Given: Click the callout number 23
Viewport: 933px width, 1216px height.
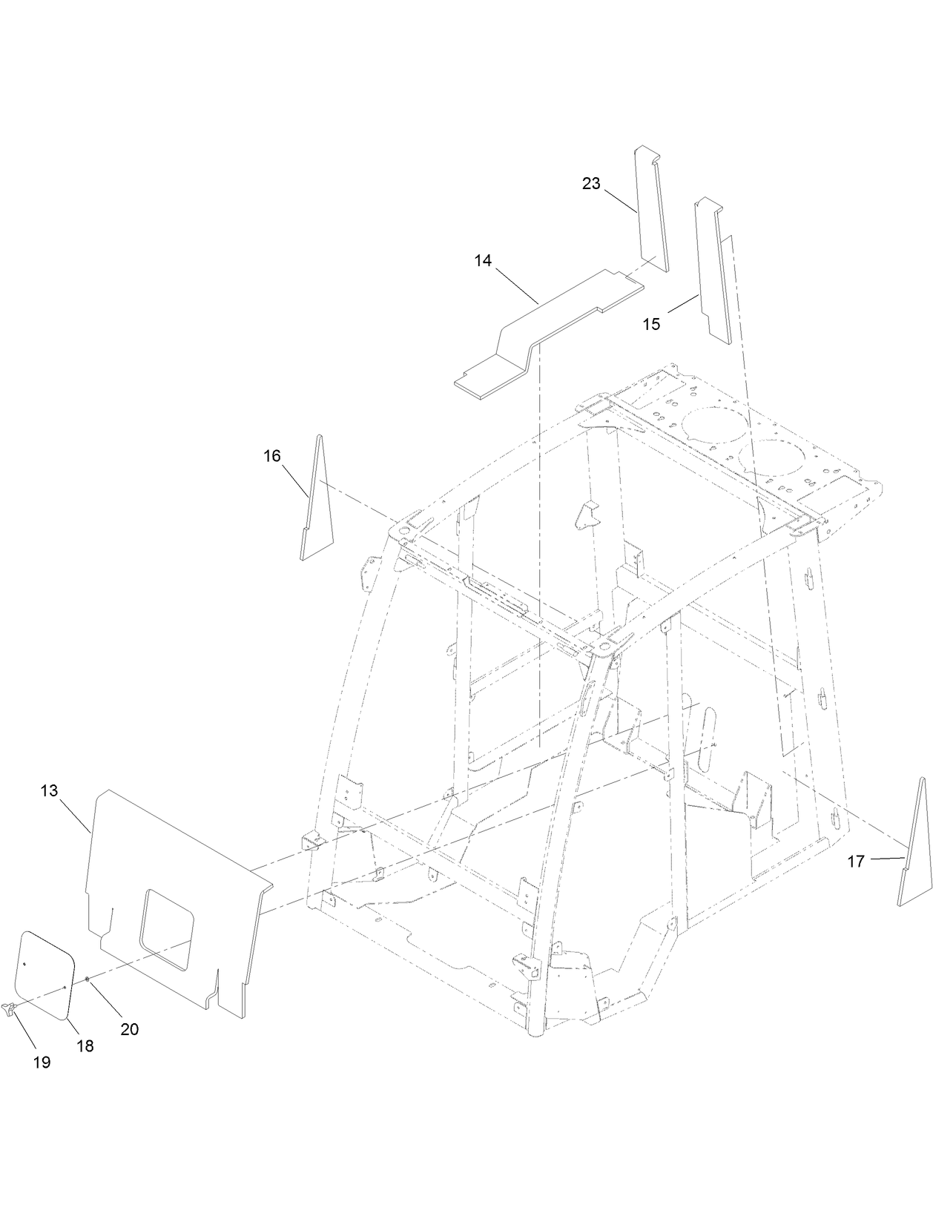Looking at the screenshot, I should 590,183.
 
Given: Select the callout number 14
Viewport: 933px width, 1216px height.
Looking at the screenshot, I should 483,260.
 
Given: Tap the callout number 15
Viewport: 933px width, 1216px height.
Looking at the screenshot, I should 651,324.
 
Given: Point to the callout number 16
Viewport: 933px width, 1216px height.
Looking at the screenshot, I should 272,455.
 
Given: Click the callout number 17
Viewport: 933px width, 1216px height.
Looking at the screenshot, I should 855,861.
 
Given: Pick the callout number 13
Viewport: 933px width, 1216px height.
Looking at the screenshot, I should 49,790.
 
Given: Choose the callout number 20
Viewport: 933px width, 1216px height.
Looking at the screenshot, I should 129,1029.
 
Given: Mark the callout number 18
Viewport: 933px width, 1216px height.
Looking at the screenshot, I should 85,1045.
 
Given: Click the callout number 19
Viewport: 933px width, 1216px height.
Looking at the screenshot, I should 42,1063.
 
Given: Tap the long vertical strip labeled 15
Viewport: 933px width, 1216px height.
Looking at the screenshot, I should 713,274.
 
